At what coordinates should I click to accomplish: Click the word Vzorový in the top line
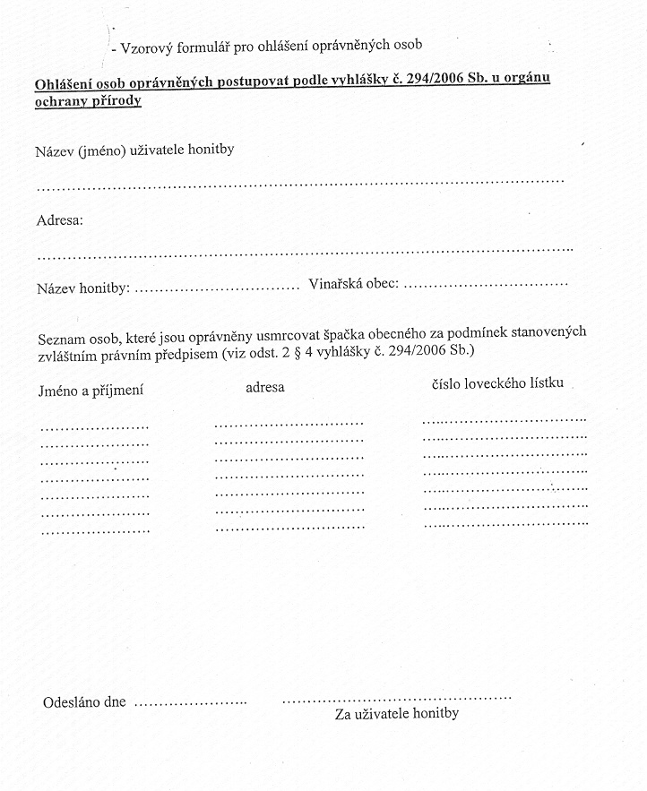146,44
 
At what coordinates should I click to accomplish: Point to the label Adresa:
59,220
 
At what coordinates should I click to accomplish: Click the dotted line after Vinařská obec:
487,286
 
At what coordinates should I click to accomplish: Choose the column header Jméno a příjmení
91,391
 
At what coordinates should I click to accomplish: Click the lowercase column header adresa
265,387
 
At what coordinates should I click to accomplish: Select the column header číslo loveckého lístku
497,383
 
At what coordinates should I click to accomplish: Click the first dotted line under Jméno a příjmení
94,426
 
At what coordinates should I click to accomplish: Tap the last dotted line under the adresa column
289,527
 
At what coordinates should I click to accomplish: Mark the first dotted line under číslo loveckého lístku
505,419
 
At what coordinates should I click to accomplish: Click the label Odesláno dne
84,702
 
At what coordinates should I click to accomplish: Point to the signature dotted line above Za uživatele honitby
396,697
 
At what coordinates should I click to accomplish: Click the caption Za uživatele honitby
397,714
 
